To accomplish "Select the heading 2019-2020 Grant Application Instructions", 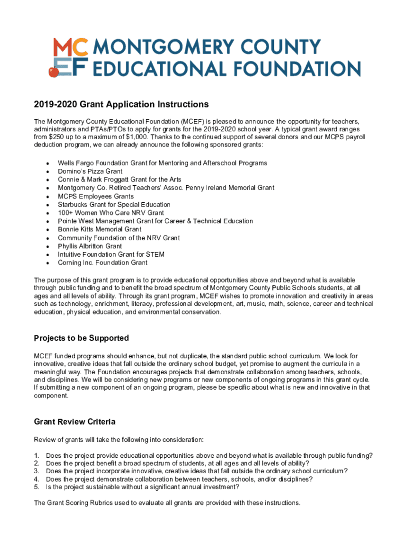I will [x=121, y=104].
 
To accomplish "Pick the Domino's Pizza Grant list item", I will [x=90, y=171].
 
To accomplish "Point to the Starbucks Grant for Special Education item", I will [x=114, y=204].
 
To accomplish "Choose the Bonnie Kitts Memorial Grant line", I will [x=100, y=229].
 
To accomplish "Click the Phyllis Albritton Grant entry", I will [x=90, y=246].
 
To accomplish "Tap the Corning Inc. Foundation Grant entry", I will [x=103, y=263].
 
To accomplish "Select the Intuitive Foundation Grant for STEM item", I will [x=111, y=255].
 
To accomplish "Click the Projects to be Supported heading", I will [x=82, y=338].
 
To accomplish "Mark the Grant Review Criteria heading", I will [x=75, y=422].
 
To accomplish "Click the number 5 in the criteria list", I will [x=37, y=487].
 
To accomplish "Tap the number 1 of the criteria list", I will [x=37, y=455].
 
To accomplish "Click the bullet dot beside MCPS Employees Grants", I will [x=48, y=196].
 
